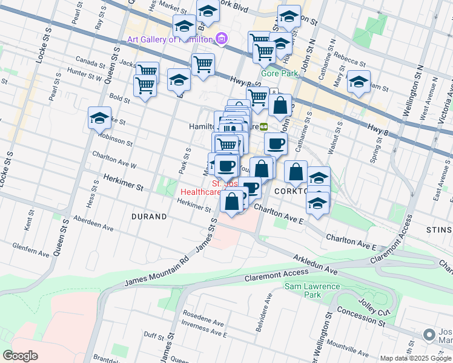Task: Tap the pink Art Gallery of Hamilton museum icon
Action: (222, 39)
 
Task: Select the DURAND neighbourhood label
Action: (149, 216)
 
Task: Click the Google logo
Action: (20, 356)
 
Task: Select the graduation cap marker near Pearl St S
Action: (99, 118)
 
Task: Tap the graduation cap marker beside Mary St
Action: (359, 82)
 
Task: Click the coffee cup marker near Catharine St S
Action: (276, 144)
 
